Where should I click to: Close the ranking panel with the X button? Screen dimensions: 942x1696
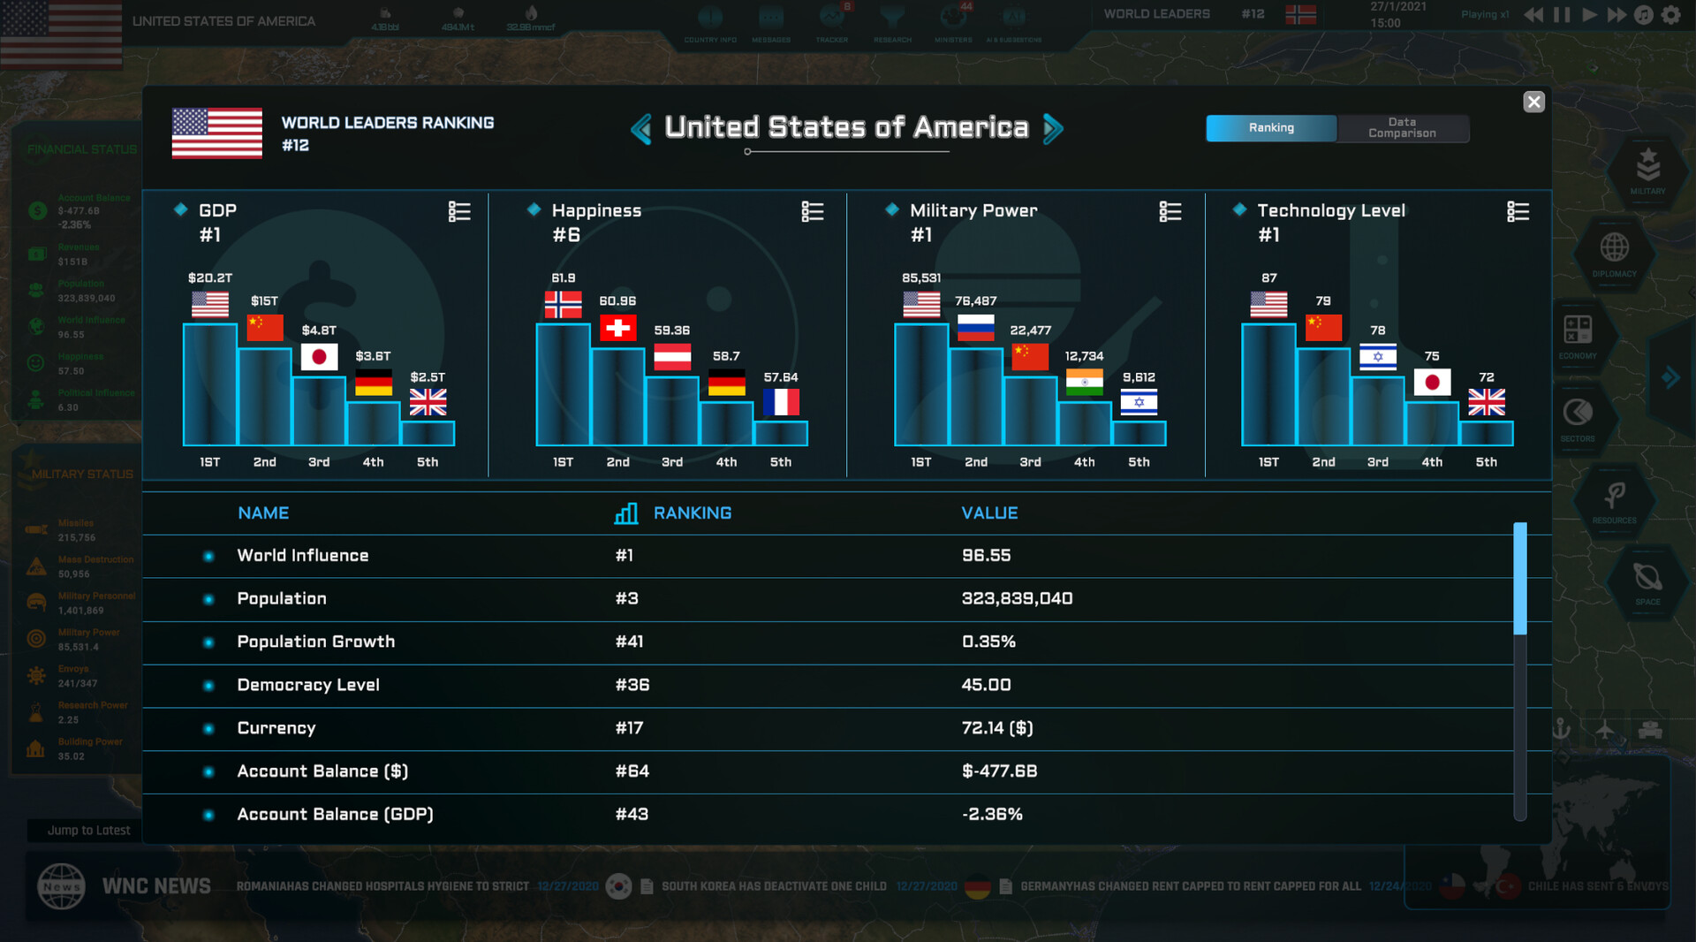pyautogui.click(x=1533, y=102)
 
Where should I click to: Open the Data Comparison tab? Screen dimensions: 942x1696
pyautogui.click(x=1402, y=128)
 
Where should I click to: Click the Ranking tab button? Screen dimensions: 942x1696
pyautogui.click(x=1271, y=128)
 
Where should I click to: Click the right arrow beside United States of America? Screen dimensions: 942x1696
pyautogui.click(x=1053, y=129)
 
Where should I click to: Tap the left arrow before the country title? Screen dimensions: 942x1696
pyautogui.click(x=641, y=129)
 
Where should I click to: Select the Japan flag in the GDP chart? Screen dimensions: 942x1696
pyautogui.click(x=319, y=357)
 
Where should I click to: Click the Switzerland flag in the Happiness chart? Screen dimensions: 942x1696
pyautogui.click(x=617, y=328)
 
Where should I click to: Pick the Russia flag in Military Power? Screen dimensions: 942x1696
pyautogui.click(x=975, y=328)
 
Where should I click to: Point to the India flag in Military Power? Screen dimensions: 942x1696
pyautogui.click(x=1084, y=382)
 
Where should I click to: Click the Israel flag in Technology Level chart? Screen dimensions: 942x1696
pyautogui.click(x=1377, y=357)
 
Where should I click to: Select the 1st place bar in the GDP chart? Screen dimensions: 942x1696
pyautogui.click(x=210, y=384)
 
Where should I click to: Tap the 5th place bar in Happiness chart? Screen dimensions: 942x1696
pyautogui.click(x=781, y=433)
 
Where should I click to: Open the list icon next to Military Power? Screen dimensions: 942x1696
pyautogui.click(x=1170, y=212)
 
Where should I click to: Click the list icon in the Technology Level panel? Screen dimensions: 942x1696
pyautogui.click(x=1518, y=212)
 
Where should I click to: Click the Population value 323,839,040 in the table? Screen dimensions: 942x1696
pyautogui.click(x=1017, y=599)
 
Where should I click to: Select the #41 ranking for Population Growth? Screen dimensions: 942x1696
pyautogui.click(x=629, y=642)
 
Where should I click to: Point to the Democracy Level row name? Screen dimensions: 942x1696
pyautogui.click(x=308, y=685)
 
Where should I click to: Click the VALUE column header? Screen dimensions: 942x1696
pyautogui.click(x=989, y=513)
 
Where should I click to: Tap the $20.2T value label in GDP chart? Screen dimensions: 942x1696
pyautogui.click(x=210, y=278)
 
